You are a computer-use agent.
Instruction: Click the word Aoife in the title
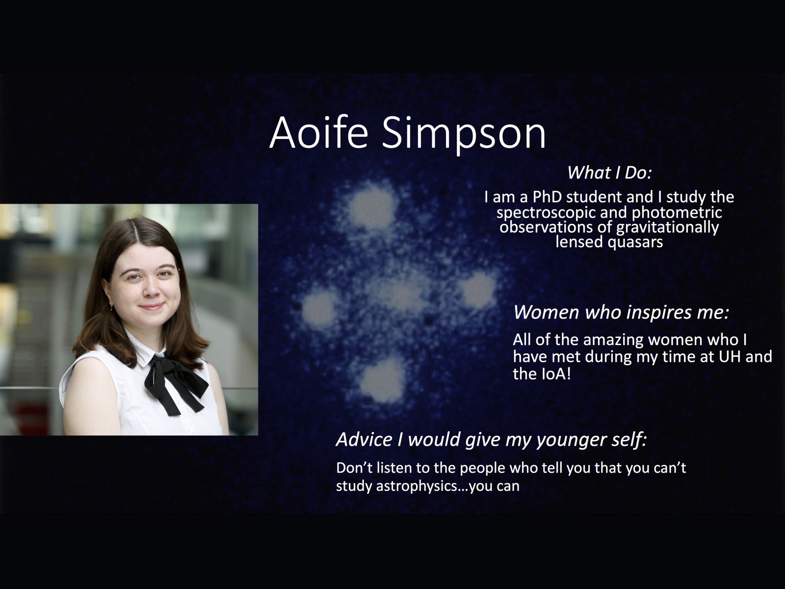[318, 133]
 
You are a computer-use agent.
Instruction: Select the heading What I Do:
[609, 173]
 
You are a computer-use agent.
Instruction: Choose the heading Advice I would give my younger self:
[492, 439]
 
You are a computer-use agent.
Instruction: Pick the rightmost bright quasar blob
[478, 290]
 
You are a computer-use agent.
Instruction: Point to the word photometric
[677, 213]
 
